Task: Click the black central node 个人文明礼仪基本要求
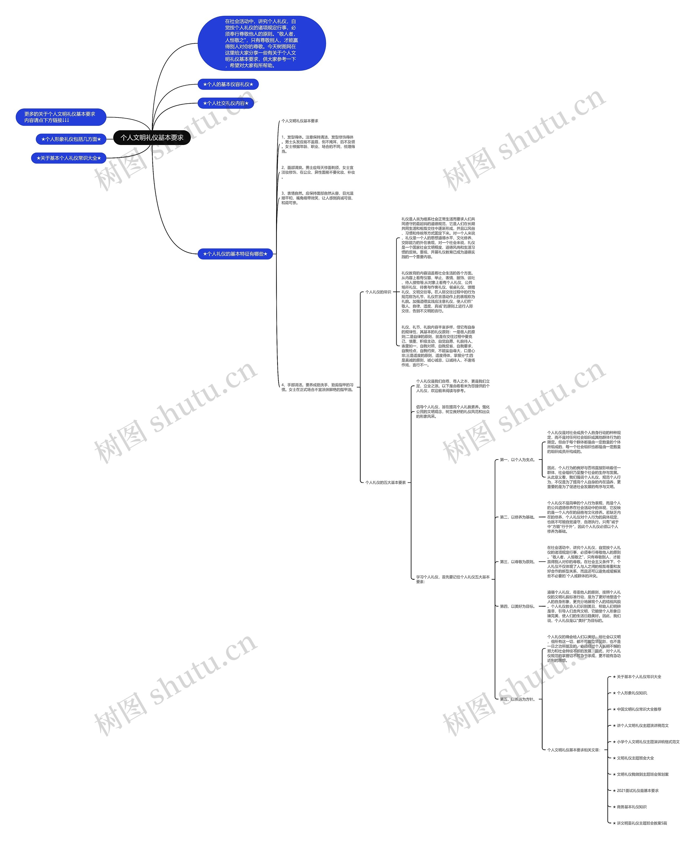coord(152,138)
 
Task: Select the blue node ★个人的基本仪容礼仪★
coord(228,84)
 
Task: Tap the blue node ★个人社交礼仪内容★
coord(226,103)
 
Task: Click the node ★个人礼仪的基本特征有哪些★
coord(235,254)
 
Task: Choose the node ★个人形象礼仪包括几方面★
coord(71,139)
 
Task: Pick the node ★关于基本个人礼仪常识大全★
coord(69,158)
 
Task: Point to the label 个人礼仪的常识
coord(378,292)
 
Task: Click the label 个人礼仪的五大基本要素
coord(386,482)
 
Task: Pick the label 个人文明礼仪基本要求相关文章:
coord(573,750)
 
